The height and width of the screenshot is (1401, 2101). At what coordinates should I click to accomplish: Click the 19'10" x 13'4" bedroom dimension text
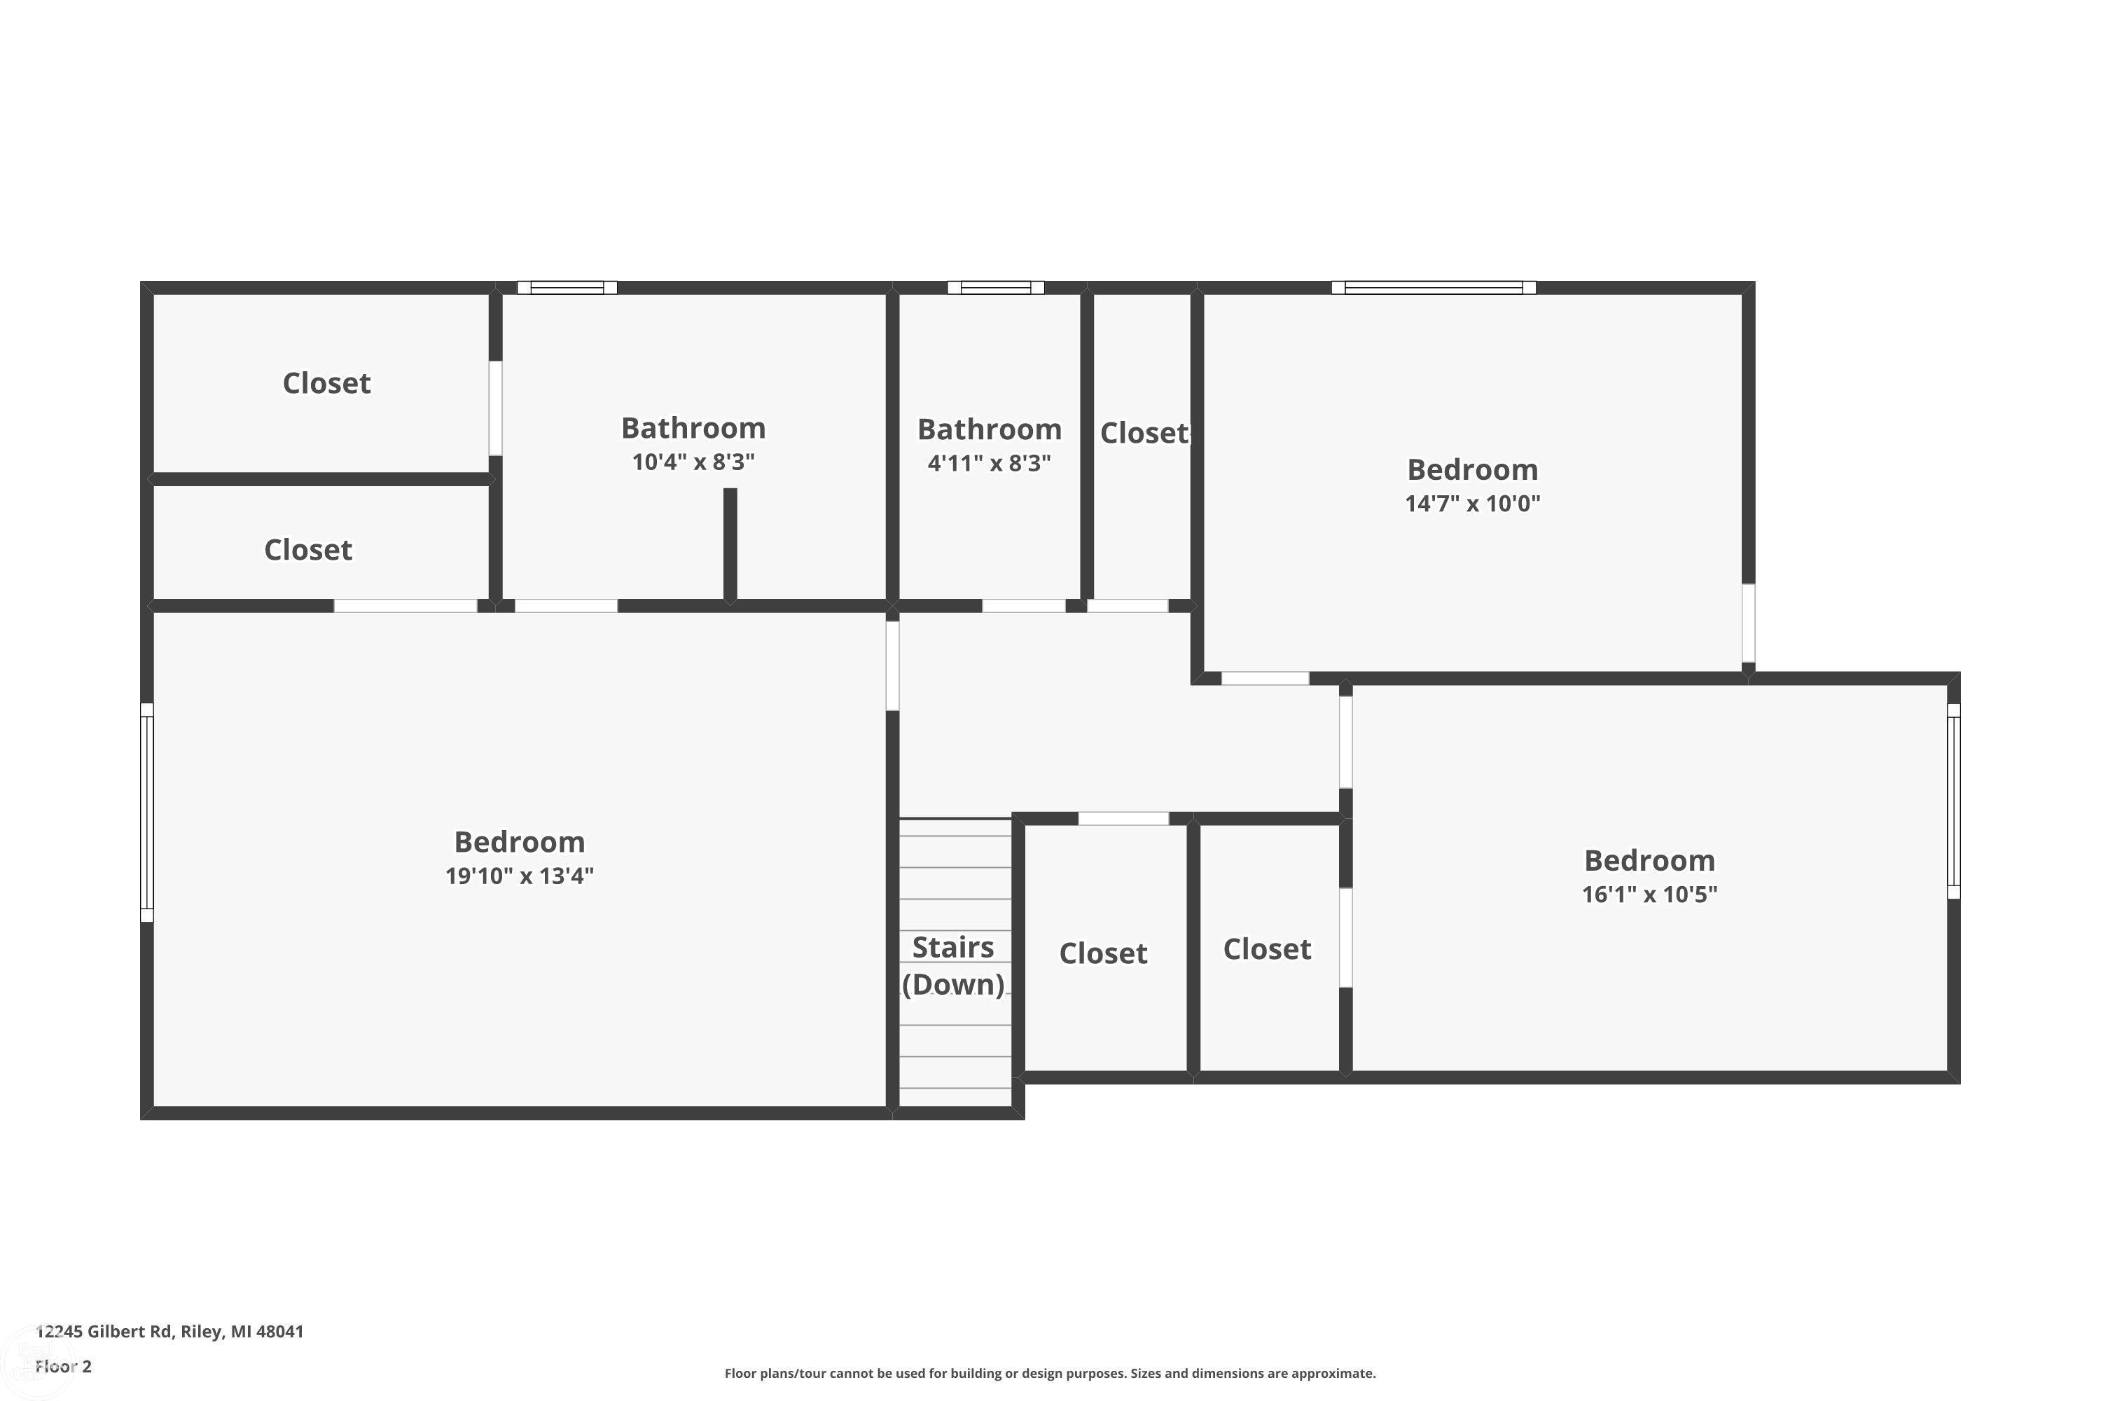tap(519, 876)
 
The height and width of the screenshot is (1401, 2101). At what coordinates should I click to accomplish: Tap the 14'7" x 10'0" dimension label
tap(1472, 503)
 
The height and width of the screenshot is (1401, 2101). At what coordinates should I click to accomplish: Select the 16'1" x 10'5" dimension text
tap(1649, 895)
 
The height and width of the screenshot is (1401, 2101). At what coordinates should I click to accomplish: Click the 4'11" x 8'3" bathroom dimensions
tap(989, 463)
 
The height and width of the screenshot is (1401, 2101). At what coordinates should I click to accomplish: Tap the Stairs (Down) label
tap(953, 965)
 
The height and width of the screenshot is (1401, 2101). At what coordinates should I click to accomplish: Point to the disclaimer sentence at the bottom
tap(1050, 1373)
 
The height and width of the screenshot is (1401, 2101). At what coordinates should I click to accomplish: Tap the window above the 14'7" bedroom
tap(1433, 288)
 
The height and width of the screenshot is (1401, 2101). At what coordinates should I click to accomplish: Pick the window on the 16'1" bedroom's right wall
tap(1954, 801)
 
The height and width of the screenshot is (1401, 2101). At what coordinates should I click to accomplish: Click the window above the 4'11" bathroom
tap(995, 288)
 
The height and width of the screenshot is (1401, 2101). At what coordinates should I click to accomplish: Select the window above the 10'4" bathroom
tap(567, 288)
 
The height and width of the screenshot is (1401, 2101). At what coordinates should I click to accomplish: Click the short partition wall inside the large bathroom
tap(730, 544)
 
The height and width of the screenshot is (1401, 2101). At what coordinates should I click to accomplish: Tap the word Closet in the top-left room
tap(326, 383)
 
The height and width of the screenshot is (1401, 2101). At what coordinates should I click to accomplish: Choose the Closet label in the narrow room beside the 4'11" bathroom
tap(1144, 434)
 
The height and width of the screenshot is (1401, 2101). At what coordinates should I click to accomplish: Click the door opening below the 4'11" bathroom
tap(1024, 606)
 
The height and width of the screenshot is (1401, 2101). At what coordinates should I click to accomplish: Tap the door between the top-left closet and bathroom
tap(495, 408)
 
